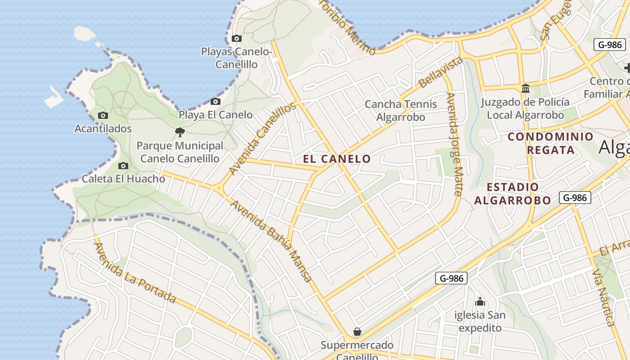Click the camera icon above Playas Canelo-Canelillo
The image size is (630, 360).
pyautogui.click(x=237, y=39)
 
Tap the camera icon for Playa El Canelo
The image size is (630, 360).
pyautogui.click(x=216, y=101)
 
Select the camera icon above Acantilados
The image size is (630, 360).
pyautogui.click(x=103, y=116)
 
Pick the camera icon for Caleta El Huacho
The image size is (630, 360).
pyautogui.click(x=123, y=166)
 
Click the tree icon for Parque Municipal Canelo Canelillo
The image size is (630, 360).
pyautogui.click(x=180, y=132)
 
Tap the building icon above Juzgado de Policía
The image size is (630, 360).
pyautogui.click(x=525, y=89)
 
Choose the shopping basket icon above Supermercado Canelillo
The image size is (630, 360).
pyautogui.click(x=357, y=332)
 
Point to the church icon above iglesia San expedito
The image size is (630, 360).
pyautogui.click(x=480, y=301)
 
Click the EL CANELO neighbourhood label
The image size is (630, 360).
pyautogui.click(x=337, y=159)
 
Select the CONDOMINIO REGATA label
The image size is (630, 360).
pyautogui.click(x=551, y=143)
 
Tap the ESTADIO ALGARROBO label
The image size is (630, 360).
pyautogui.click(x=513, y=193)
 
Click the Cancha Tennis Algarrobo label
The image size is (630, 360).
pyautogui.click(x=400, y=111)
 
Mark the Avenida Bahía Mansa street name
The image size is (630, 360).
pyautogui.click(x=271, y=241)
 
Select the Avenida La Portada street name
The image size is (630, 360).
pyautogui.click(x=135, y=273)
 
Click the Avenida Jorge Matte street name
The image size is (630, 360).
pyautogui.click(x=454, y=144)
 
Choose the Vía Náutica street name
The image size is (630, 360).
pyautogui.click(x=603, y=297)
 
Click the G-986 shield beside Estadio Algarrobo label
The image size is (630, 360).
pyautogui.click(x=575, y=197)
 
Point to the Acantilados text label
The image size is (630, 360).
pyautogui.click(x=103, y=129)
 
